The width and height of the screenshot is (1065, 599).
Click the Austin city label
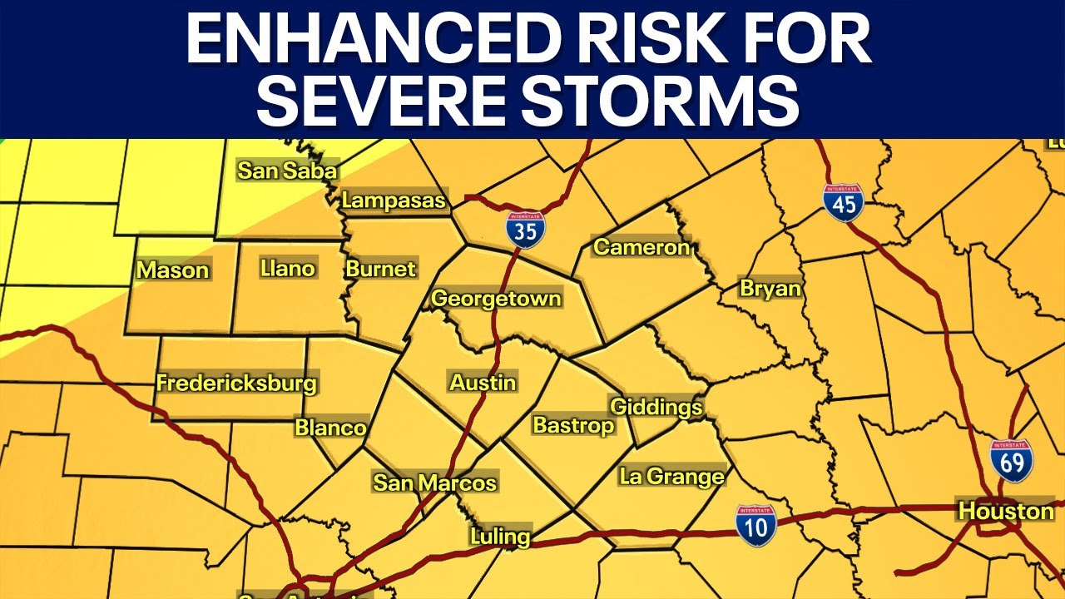[x=483, y=383]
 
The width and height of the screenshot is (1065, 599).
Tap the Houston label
[x=1006, y=510]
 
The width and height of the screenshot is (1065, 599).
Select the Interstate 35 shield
[x=526, y=230]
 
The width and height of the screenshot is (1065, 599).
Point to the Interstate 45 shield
[x=844, y=202]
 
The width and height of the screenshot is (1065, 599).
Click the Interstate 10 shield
[x=755, y=525]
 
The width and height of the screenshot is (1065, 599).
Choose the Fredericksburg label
[x=237, y=384]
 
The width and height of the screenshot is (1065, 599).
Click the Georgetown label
[x=496, y=299]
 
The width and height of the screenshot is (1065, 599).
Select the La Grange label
[x=671, y=477]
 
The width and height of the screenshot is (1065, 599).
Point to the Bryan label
[x=770, y=289]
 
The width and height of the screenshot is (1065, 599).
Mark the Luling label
[x=499, y=537]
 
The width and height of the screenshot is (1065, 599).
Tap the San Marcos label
[x=434, y=483]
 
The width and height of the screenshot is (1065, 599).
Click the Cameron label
[x=641, y=247]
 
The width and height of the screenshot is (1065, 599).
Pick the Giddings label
[x=656, y=408]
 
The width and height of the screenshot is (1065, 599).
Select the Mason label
[x=173, y=270]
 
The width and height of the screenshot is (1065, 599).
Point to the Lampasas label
[x=394, y=200]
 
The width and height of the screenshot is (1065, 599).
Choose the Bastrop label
[x=573, y=425]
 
